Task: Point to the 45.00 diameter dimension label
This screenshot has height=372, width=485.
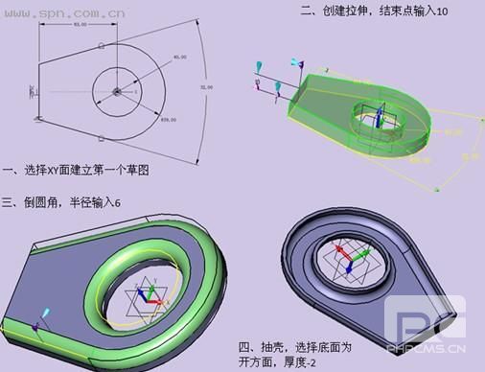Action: (x=179, y=58)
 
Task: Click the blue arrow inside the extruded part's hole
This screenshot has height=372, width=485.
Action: (x=379, y=116)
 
